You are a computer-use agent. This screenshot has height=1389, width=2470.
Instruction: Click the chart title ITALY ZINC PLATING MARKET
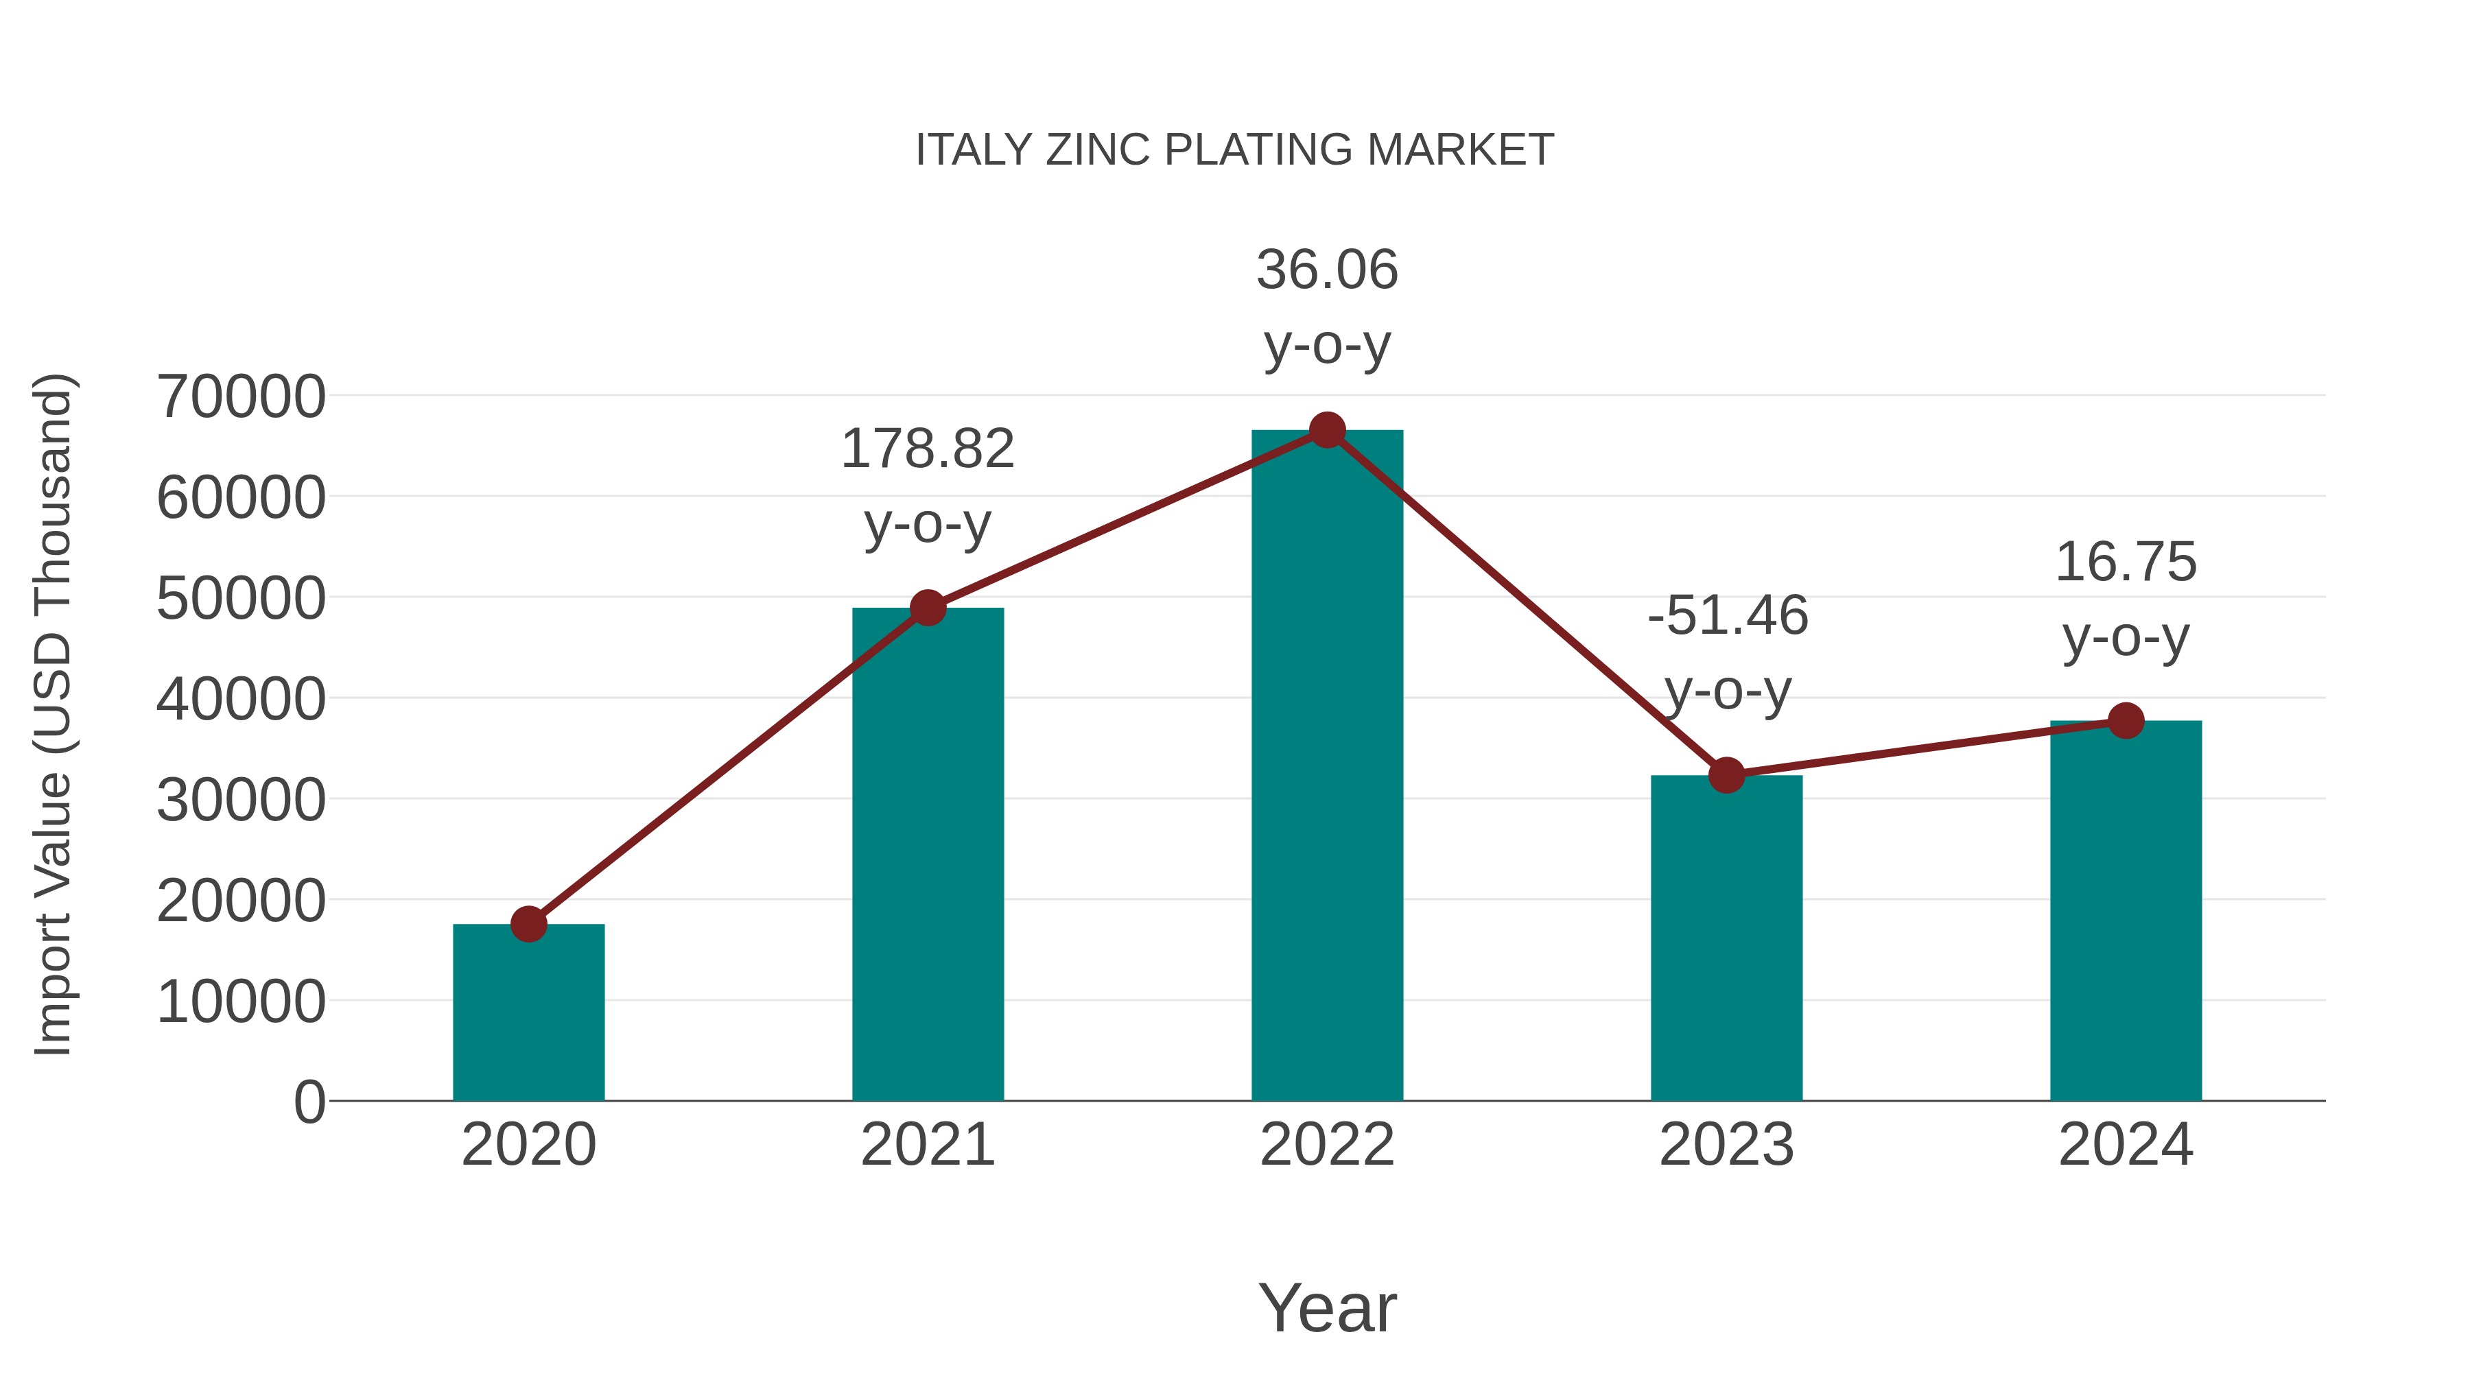point(1234,150)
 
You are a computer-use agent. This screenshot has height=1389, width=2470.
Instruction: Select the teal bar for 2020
point(528,1016)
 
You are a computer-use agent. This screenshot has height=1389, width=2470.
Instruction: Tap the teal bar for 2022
point(1327,767)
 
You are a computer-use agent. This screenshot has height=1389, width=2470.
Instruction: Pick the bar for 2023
point(1726,940)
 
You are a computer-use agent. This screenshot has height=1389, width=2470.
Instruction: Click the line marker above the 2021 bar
point(927,608)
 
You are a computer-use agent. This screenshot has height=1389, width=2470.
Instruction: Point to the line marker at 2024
point(2126,721)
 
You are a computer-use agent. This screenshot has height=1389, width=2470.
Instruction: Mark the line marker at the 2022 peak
point(1327,430)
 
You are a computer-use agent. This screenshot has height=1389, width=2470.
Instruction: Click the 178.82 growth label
point(927,449)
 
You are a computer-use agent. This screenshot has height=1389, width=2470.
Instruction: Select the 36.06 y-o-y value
point(1327,270)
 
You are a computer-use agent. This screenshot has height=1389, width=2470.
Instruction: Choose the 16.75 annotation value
point(2126,562)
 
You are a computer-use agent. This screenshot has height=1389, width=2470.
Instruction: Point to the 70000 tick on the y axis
point(241,397)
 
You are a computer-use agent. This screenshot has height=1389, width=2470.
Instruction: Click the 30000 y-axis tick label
point(241,800)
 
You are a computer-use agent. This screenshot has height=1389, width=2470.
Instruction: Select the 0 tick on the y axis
point(309,1102)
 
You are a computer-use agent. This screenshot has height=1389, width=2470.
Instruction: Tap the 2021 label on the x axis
point(927,1145)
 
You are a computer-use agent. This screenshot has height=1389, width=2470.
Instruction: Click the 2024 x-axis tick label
point(2126,1145)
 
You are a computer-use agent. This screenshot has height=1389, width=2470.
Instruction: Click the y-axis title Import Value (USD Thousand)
point(54,714)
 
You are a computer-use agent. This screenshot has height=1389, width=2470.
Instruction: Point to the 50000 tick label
point(241,599)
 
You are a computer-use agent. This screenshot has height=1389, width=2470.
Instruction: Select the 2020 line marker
point(528,924)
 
